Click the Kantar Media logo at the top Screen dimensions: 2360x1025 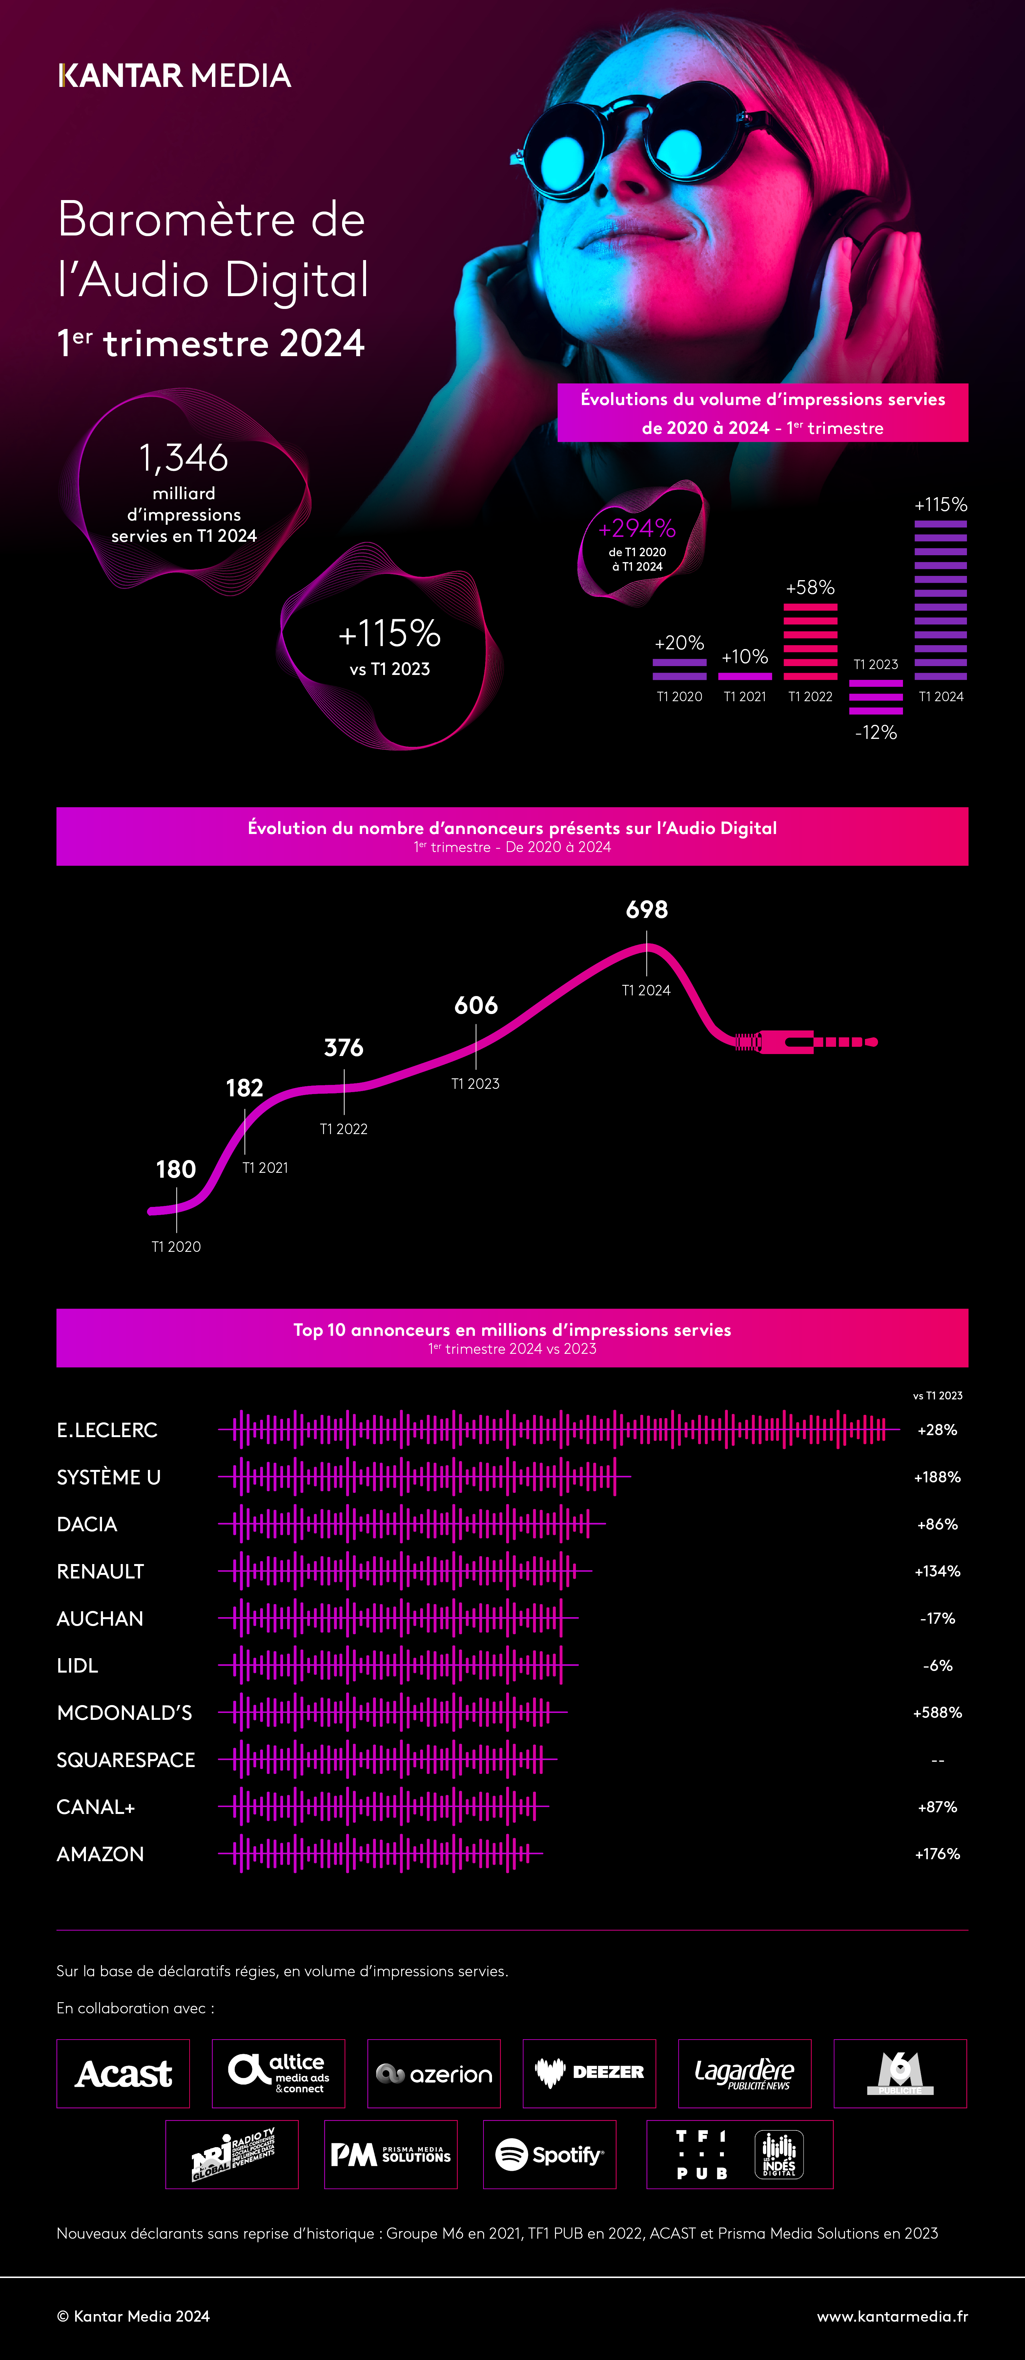pyautogui.click(x=174, y=75)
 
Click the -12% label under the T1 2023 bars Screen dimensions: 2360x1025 pyautogui.click(x=876, y=732)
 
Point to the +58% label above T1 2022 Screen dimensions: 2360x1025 pyautogui.click(x=810, y=587)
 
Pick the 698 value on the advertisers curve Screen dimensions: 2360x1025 pyautogui.click(x=647, y=910)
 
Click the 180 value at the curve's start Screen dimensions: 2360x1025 pyautogui.click(x=176, y=1169)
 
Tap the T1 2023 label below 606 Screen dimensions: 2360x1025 pyautogui.click(x=475, y=1084)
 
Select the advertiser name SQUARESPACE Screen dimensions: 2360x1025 pyautogui.click(x=126, y=1760)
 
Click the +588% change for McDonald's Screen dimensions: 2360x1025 pyautogui.click(x=937, y=1712)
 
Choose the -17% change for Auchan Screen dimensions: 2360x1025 pyautogui.click(x=937, y=1618)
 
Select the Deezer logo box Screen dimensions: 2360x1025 pyautogui.click(x=589, y=2073)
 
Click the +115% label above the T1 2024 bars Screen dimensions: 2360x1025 pyautogui.click(x=941, y=505)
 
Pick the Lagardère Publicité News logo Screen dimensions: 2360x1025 pyautogui.click(x=744, y=2073)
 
